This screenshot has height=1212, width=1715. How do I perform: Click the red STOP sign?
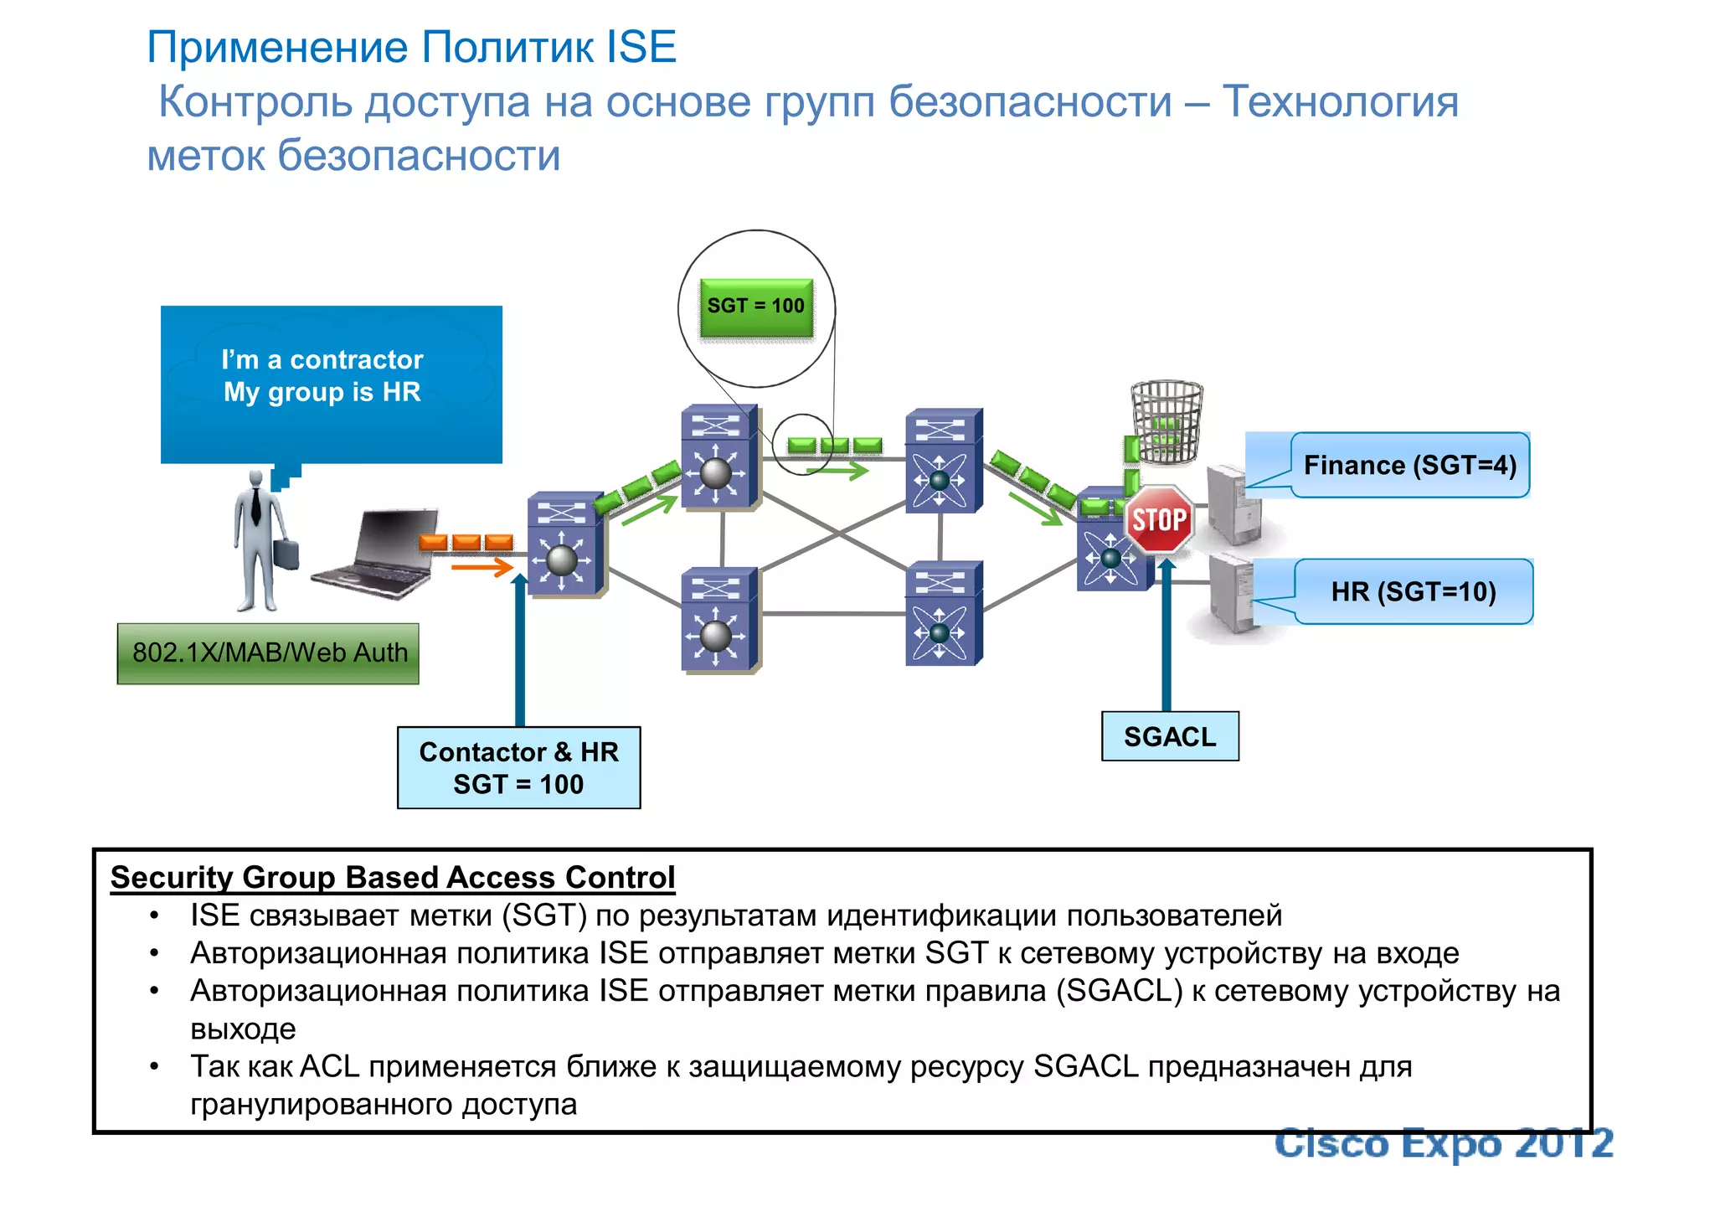1159,519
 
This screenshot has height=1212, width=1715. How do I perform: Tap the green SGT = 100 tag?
756,307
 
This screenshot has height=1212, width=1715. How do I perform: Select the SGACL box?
1169,736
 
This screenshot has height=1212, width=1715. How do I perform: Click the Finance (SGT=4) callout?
1410,465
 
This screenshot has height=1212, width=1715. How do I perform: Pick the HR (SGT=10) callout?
1414,591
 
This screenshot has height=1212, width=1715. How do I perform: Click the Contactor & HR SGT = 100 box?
518,767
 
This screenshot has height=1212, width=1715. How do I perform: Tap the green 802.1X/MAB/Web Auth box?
268,653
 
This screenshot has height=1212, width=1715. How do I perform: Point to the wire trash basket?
1167,421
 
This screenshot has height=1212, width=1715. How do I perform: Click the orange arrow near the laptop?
482,569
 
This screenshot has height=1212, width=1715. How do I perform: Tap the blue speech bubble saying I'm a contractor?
331,384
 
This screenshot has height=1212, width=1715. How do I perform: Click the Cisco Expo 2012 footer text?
1443,1144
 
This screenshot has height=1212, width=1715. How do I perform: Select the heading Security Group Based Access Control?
392,877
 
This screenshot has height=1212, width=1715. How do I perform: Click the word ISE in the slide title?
641,47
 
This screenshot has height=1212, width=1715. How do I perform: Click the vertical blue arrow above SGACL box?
1167,637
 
